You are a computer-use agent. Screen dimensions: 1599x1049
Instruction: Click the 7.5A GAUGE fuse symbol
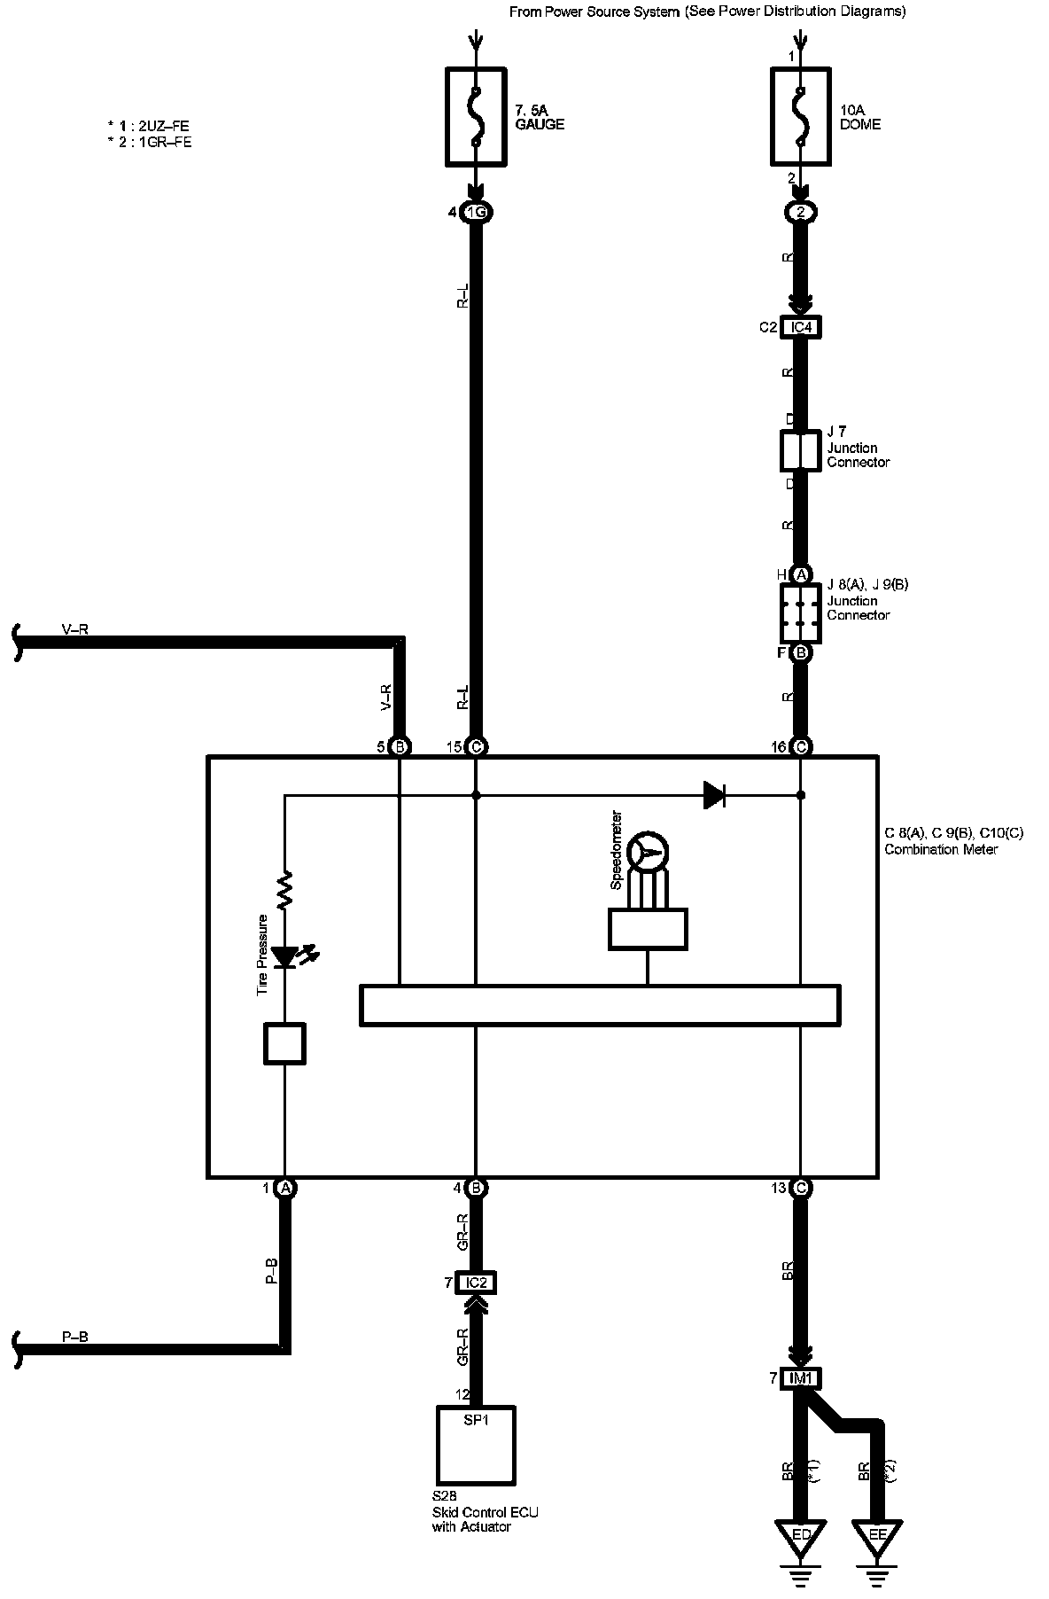(476, 116)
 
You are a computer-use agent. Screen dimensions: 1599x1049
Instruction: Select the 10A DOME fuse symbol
(800, 116)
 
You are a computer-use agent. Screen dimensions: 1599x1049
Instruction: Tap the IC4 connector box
(801, 328)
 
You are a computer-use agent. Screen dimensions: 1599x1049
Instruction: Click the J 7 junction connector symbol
(801, 451)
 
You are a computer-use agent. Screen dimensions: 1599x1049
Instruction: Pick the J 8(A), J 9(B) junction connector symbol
(801, 612)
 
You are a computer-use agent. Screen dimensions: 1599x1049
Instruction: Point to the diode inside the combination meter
(714, 795)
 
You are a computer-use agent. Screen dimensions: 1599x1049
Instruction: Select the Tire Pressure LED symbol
(285, 957)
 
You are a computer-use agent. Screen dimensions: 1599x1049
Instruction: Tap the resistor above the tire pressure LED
(285, 892)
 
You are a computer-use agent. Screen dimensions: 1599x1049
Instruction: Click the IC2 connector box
(476, 1283)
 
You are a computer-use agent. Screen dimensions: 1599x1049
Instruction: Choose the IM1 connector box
(801, 1378)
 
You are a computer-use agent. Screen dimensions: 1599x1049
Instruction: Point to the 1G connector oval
(476, 213)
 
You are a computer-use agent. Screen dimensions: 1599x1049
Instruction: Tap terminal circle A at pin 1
(285, 1189)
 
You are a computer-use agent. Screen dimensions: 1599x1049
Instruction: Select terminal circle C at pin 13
(801, 1189)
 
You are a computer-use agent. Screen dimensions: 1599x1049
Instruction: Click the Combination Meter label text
(940, 849)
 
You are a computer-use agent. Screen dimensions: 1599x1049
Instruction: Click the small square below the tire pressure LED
(285, 1043)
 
